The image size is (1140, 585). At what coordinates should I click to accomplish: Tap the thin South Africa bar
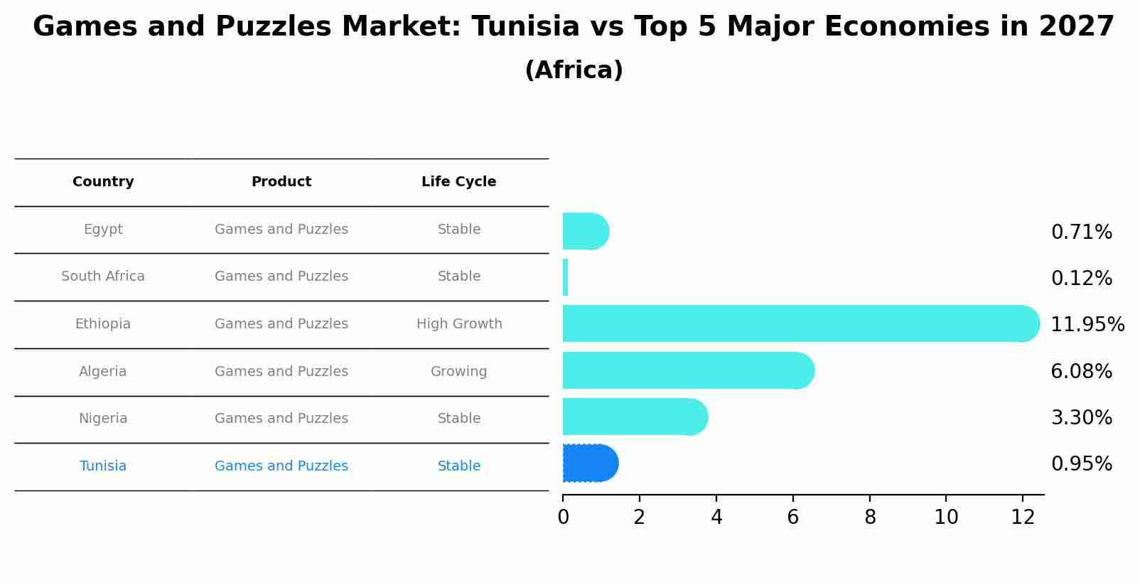[x=566, y=277]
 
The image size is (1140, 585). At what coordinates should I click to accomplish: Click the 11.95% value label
[x=1087, y=325]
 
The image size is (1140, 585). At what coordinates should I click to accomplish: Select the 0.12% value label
[x=1081, y=279]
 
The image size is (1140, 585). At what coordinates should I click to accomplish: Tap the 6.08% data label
[x=1081, y=372]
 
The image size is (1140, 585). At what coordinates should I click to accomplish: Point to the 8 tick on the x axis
[x=870, y=517]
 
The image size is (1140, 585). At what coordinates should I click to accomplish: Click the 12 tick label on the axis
[x=1023, y=517]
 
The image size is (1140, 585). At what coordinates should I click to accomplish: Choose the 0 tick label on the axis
[x=563, y=517]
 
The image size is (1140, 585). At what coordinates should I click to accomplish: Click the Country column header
[x=103, y=182]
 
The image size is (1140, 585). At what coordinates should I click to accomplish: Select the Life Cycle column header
[x=458, y=182]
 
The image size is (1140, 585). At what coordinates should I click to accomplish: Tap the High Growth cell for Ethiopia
[x=459, y=324]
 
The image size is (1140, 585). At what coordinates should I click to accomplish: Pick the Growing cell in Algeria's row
[x=458, y=372]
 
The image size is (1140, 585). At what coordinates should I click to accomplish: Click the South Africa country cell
[x=103, y=277]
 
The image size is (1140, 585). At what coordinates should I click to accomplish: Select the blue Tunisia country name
[x=103, y=466]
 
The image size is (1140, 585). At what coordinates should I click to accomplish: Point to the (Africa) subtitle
[x=574, y=70]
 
